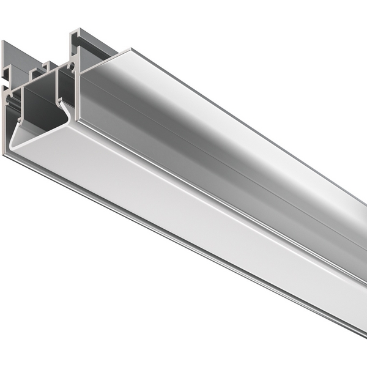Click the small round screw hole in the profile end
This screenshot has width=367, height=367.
(72, 63)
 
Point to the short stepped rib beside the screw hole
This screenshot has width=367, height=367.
(45, 67)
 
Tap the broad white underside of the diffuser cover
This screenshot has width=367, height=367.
(183, 202)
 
